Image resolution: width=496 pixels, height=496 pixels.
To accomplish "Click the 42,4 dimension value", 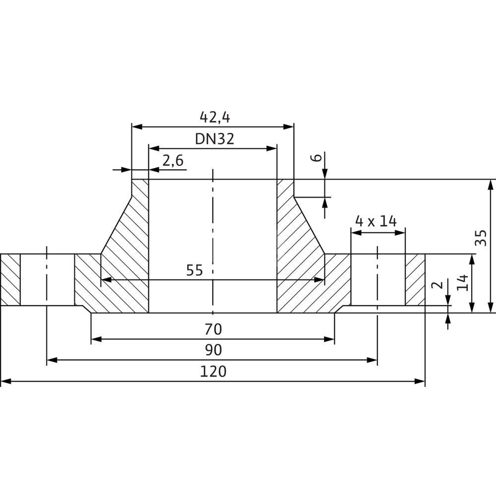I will pyautogui.click(x=215, y=117).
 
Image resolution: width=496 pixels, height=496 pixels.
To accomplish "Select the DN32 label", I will pyautogui.click(x=214, y=139).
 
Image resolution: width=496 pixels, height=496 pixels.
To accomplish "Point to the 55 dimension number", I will pyautogui.click(x=195, y=270).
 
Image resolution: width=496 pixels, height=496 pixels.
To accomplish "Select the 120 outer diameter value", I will pyautogui.click(x=214, y=371).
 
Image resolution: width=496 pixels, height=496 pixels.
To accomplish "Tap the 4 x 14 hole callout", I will pyautogui.click(x=376, y=221).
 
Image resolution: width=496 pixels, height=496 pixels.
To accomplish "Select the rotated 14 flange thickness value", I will pyautogui.click(x=462, y=283).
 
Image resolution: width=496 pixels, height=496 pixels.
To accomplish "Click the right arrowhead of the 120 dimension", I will pyautogui.click(x=421, y=381).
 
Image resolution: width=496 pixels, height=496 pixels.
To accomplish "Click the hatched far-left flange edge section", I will pyautogui.click(x=10, y=280).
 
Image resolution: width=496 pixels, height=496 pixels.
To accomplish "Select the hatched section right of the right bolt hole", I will pyautogui.click(x=415, y=280).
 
